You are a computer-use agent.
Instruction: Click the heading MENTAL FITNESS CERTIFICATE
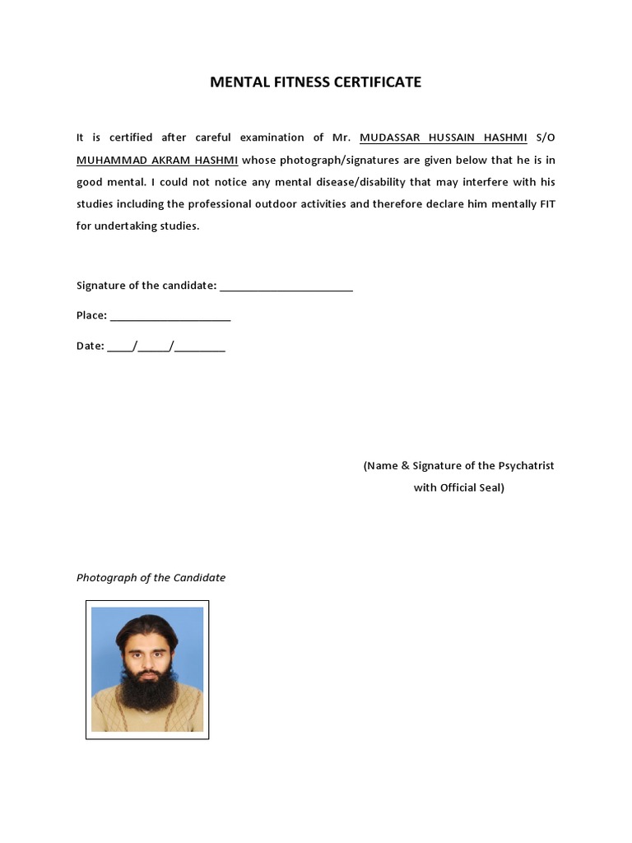315,82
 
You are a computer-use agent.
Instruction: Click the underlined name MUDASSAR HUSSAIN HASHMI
443,137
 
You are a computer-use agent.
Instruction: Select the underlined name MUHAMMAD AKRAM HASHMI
157,160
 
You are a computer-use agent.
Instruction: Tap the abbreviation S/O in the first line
546,137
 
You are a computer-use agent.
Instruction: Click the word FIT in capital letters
547,204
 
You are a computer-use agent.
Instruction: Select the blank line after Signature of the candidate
286,287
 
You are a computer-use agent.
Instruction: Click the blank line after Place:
170,317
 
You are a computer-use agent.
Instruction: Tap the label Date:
90,347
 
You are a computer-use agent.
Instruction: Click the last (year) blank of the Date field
200,348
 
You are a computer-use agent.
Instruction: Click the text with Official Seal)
459,488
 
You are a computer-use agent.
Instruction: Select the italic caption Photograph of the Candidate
151,578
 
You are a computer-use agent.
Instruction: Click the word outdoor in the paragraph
325,204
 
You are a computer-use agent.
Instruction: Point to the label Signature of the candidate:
146,286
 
